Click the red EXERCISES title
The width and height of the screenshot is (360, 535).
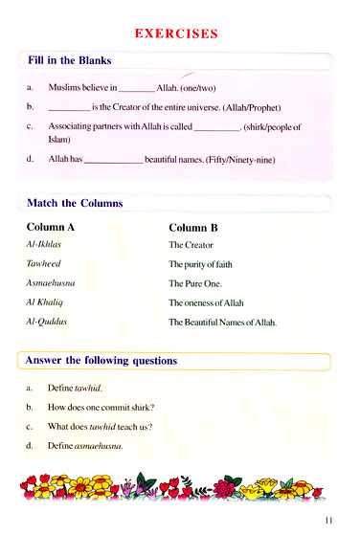[176, 33]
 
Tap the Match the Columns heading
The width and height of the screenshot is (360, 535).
[75, 203]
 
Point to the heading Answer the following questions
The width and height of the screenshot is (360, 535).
[101, 361]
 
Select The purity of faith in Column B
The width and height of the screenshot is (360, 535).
[201, 264]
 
